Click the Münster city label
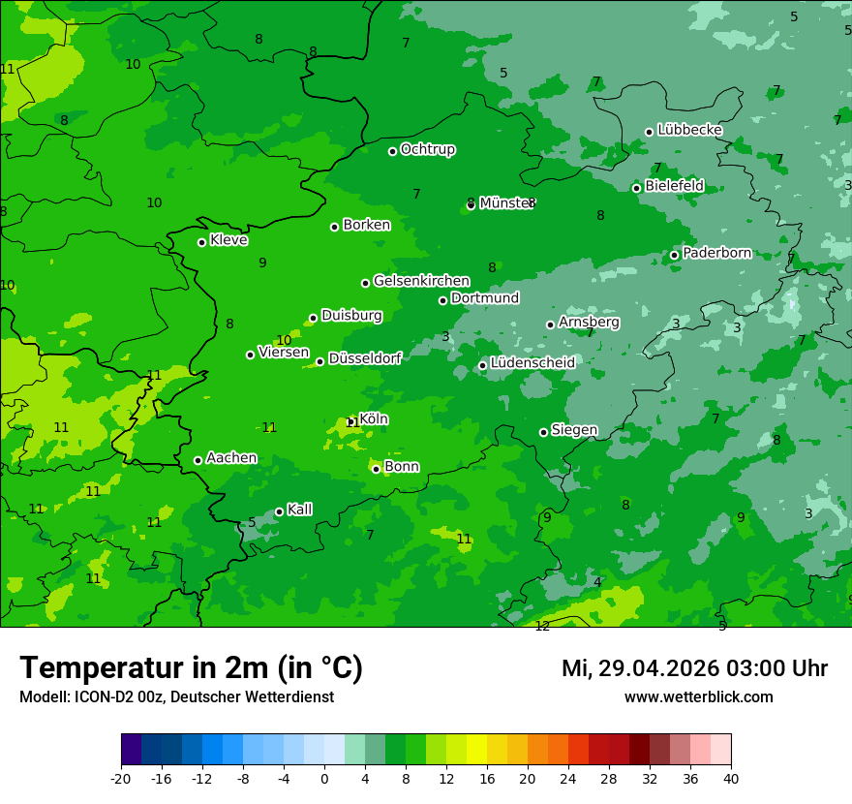click(506, 203)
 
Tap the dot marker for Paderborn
click(675, 255)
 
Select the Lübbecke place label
click(689, 130)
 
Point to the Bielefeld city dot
click(637, 188)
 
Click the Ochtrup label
click(428, 149)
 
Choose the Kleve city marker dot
click(202, 242)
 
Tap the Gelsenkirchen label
click(421, 281)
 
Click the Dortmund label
click(485, 298)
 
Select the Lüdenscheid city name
click(532, 363)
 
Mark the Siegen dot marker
click(543, 432)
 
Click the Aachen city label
click(231, 458)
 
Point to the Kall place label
click(299, 510)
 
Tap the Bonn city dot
click(377, 469)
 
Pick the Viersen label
click(284, 353)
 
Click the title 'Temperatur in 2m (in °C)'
click(191, 667)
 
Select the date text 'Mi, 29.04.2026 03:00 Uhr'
click(694, 668)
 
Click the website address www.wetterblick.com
click(698, 696)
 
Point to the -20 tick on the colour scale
click(121, 778)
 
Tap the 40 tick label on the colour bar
click(731, 778)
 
